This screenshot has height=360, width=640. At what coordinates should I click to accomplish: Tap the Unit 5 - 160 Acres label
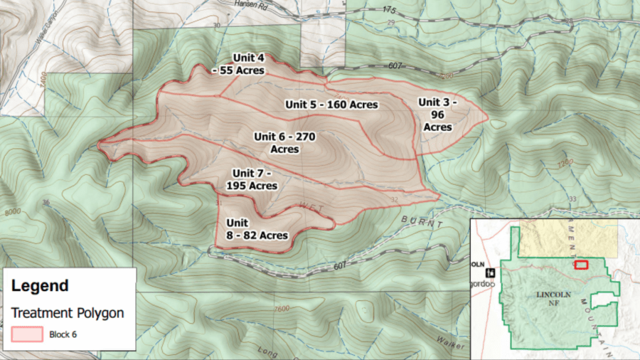(x=331, y=105)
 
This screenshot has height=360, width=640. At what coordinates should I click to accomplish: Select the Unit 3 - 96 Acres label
(x=437, y=114)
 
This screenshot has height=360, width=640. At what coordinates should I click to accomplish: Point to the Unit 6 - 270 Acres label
(x=284, y=142)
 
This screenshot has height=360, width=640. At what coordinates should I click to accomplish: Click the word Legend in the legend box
(x=40, y=286)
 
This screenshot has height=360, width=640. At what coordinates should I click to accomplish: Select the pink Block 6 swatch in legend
(x=26, y=334)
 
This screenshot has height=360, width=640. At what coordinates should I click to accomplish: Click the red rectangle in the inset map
(x=581, y=265)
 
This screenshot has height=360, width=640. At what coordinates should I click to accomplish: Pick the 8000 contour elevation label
(x=13, y=213)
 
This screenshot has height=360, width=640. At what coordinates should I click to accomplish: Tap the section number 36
(x=46, y=203)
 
